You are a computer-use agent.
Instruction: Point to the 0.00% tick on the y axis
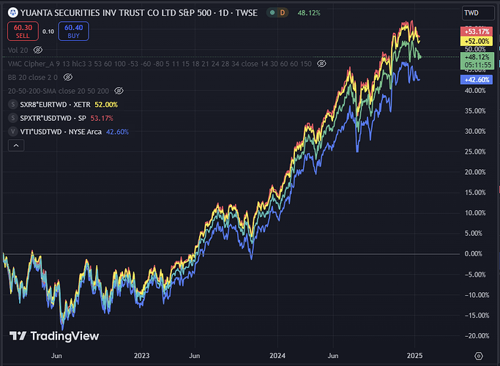click(x=474, y=253)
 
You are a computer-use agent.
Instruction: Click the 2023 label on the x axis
click(x=141, y=355)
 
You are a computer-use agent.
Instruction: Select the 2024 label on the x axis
click(x=277, y=355)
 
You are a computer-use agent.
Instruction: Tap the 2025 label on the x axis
click(x=414, y=355)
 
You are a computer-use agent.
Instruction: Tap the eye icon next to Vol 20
click(x=38, y=50)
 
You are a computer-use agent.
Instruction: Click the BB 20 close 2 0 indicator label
click(x=32, y=77)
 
